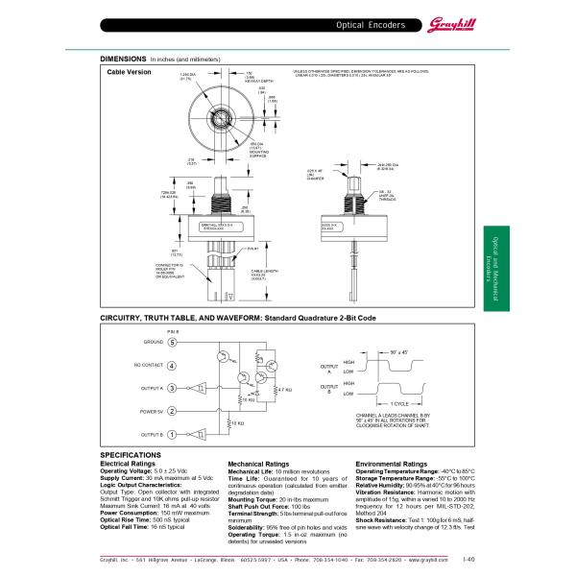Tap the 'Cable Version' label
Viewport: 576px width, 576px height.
pyautogui.click(x=129, y=72)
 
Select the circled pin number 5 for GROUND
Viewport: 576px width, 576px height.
pyautogui.click(x=172, y=341)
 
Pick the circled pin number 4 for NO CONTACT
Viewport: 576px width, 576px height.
pyautogui.click(x=172, y=365)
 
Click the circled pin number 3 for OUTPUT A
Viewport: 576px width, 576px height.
pyautogui.click(x=172, y=388)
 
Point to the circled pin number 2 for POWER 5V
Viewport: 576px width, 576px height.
pyautogui.click(x=172, y=411)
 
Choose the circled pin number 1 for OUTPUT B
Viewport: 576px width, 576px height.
pyautogui.click(x=172, y=434)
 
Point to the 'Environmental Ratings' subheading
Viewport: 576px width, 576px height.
pyautogui.click(x=392, y=464)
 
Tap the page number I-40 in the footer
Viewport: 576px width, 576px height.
pyautogui.click(x=468, y=558)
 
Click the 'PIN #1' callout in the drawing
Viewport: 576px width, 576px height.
pyautogui.click(x=253, y=248)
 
